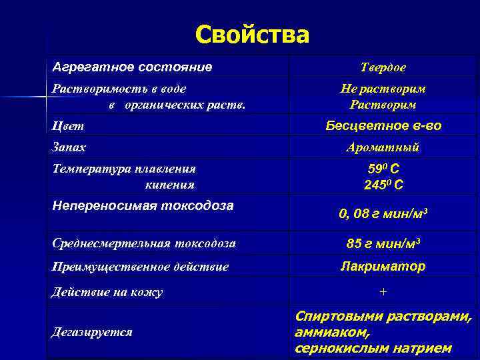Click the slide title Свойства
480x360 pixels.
point(253,35)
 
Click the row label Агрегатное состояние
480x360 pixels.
point(133,67)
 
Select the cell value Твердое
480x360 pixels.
point(383,68)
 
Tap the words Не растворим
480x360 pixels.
point(383,89)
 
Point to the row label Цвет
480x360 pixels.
point(68,126)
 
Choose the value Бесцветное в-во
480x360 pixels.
point(383,125)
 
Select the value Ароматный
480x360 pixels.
point(383,148)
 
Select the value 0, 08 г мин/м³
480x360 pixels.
point(383,214)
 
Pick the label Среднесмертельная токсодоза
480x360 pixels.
point(144,243)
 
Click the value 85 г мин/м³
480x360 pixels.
point(383,243)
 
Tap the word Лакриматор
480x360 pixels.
point(383,266)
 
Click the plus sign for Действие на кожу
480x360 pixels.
point(383,292)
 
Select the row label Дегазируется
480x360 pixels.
point(92,331)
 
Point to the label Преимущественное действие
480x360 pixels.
point(140,267)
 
